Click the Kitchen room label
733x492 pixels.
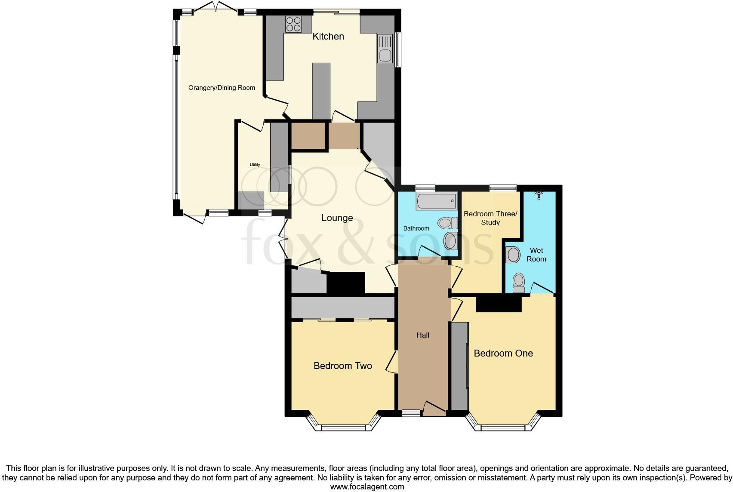coord(328,37)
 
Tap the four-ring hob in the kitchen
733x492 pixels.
coord(293,24)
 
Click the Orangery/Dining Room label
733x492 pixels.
coord(222,88)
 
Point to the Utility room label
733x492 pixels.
coord(255,165)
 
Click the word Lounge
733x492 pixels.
coord(337,218)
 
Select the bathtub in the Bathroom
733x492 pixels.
coord(436,201)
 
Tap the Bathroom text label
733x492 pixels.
coord(416,228)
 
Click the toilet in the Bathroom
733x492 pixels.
coord(446,223)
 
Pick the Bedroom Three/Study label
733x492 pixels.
coord(490,218)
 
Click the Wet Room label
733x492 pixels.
coord(536,255)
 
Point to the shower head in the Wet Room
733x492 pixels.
coord(538,195)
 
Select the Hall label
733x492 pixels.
coord(423,335)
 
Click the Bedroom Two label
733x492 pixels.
coord(343,366)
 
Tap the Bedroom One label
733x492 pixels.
coord(503,354)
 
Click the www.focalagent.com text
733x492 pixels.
coord(367,487)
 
